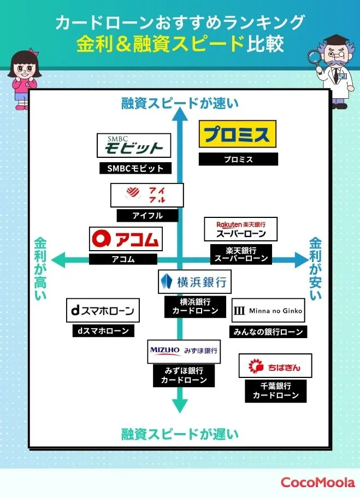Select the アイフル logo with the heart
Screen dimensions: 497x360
click(x=147, y=195)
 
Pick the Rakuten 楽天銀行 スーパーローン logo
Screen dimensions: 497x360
click(x=240, y=229)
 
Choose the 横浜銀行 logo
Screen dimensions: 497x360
click(x=193, y=282)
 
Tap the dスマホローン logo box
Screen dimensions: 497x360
click(x=103, y=311)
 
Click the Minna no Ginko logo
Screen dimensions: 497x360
click(x=268, y=311)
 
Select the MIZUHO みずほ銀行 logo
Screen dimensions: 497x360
click(x=184, y=351)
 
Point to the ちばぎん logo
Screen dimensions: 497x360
click(x=275, y=365)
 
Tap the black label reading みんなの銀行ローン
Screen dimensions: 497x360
click(x=268, y=332)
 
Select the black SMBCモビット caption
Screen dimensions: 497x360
click(x=131, y=168)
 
